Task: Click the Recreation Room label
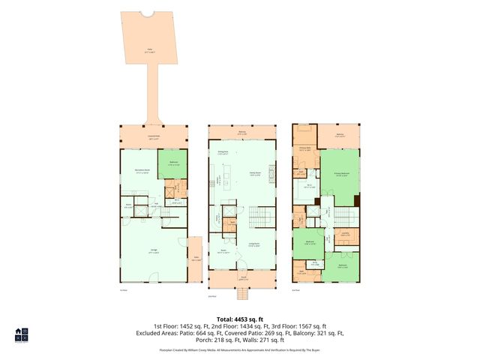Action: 139,171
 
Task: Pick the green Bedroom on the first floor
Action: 172,163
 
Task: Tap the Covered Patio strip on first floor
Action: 153,137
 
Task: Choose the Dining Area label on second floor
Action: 223,153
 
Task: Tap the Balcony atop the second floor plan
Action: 242,133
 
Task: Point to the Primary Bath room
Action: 304,148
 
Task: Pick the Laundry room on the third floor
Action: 345,235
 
